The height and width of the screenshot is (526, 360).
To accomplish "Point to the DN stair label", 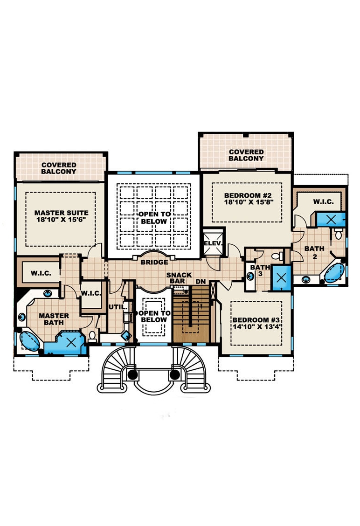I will pyautogui.click(x=201, y=282).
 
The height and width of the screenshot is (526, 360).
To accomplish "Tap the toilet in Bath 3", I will pyautogui.click(x=276, y=256).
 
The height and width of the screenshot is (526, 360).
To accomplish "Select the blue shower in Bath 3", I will pyautogui.click(x=281, y=278).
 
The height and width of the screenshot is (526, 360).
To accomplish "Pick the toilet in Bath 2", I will pyautogui.click(x=339, y=234).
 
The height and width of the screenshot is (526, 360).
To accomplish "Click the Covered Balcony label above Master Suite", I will pyautogui.click(x=59, y=168).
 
